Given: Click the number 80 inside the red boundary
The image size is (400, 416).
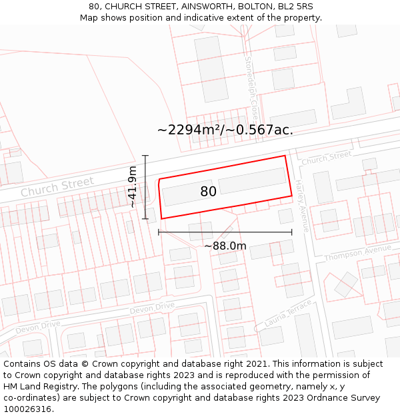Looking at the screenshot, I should tap(208, 192).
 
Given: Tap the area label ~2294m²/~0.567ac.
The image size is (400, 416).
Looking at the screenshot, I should tap(225, 130).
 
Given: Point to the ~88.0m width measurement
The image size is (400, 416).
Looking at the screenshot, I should tap(225, 246).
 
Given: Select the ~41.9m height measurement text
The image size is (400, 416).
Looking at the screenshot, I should tap(133, 187).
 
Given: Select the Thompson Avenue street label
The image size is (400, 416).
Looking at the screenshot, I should tap(358, 254).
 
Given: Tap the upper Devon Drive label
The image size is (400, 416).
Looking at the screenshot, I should tap(151, 308).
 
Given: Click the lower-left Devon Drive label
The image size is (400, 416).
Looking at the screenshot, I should tap(37, 327).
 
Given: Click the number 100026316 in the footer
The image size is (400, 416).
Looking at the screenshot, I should tap(29, 409).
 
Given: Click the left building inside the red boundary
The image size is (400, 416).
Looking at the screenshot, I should tap(189, 192).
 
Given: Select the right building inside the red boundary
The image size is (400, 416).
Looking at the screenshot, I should tap(252, 180).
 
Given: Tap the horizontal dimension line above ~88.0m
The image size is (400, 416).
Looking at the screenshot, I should tap(225, 232).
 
